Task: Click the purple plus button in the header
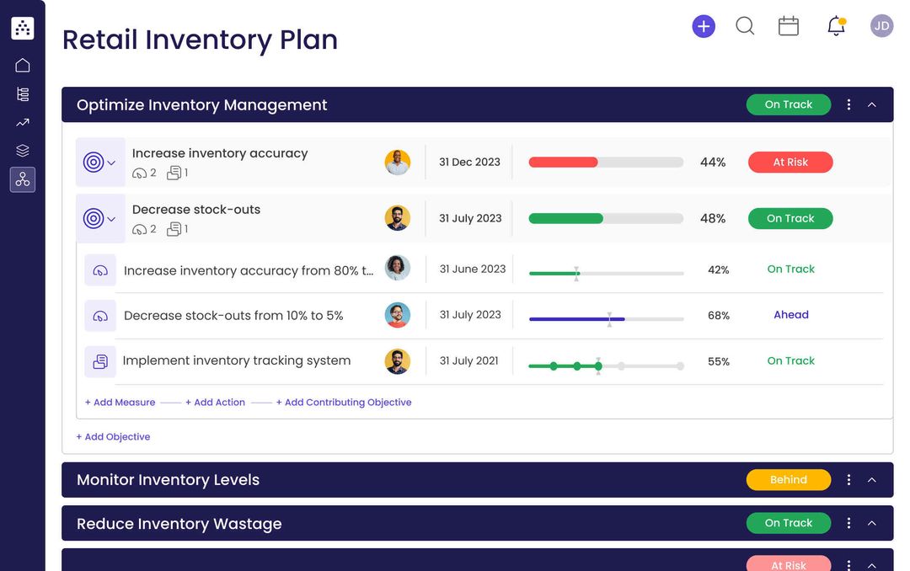704,26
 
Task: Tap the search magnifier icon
745,26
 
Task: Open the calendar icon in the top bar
789,26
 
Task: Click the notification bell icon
836,26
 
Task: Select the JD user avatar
881,26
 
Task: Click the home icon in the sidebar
23,66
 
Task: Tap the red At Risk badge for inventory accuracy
790,163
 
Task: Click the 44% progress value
713,163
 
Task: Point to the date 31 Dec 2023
469,163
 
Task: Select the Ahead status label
791,315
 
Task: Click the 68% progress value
719,316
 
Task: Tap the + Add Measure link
120,403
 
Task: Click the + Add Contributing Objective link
344,403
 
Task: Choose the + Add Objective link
113,437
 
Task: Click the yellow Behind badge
789,480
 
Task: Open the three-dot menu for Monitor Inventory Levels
848,480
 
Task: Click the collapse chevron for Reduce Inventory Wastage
872,524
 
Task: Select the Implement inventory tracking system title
237,360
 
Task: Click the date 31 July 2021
469,360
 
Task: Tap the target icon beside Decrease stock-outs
94,219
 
